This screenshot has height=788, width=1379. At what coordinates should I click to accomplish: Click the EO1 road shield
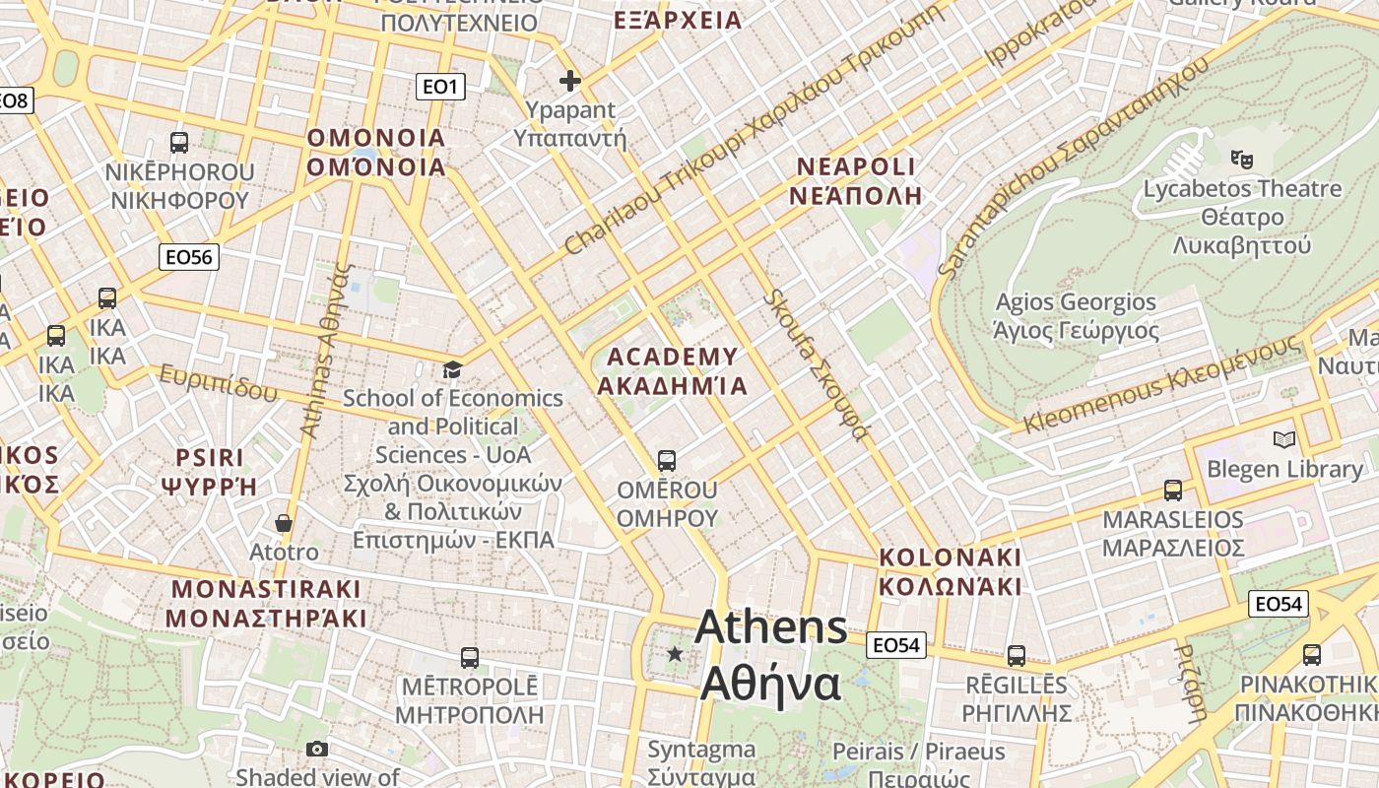click(439, 87)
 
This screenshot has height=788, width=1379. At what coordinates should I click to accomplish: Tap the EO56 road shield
click(189, 257)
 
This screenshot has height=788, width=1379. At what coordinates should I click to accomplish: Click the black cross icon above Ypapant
click(569, 81)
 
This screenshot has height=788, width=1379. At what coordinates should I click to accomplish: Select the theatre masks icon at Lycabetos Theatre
click(1242, 157)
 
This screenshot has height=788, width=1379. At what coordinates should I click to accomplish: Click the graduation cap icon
click(452, 369)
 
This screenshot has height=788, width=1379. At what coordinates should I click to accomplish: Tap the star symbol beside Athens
click(675, 653)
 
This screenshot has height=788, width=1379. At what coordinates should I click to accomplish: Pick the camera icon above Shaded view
click(316, 749)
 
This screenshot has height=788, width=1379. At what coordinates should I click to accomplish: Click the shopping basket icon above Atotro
click(284, 522)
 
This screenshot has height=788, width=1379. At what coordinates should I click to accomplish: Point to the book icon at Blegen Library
click(1284, 439)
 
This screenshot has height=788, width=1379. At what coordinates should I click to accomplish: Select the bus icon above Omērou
click(667, 460)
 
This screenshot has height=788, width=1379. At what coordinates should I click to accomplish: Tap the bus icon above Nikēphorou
click(179, 142)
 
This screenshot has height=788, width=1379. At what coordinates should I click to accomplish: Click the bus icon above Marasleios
click(1172, 490)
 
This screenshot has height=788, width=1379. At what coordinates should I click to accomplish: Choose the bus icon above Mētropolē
click(470, 657)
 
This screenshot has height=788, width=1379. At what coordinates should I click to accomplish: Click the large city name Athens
click(771, 628)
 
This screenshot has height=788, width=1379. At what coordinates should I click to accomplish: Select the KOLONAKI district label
click(950, 558)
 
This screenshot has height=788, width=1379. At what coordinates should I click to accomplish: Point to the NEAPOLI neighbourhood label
click(856, 165)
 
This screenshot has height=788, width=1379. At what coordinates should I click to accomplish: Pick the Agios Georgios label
click(1076, 302)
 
